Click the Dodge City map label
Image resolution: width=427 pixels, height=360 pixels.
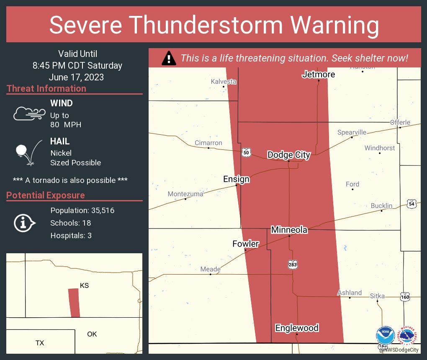pyautogui.click(x=289, y=155)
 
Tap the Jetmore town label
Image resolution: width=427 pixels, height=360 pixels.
pyautogui.click(x=319, y=75)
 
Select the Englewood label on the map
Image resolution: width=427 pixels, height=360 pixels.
pyautogui.click(x=297, y=328)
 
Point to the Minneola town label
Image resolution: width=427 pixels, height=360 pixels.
pyautogui.click(x=289, y=230)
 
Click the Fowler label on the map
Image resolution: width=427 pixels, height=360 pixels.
pyautogui.click(x=246, y=244)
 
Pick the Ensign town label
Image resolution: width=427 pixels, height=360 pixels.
pyautogui.click(x=236, y=179)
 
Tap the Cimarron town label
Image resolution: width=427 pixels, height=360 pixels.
pyautogui.click(x=208, y=143)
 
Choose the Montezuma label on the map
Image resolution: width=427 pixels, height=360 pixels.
pyautogui.click(x=185, y=194)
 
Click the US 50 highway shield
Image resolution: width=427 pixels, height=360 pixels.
pyautogui.click(x=246, y=153)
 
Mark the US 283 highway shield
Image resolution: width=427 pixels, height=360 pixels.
pyautogui.click(x=293, y=264)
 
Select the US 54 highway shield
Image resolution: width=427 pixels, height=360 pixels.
pyautogui.click(x=411, y=203)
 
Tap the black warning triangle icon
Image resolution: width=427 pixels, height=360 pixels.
pyautogui.click(x=169, y=58)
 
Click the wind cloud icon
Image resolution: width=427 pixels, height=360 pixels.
pyautogui.click(x=29, y=113)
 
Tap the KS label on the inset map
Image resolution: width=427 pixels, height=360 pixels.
pyautogui.click(x=84, y=285)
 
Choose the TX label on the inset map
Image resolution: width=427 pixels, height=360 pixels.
pyautogui.click(x=39, y=343)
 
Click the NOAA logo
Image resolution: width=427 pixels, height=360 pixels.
pyautogui.click(x=385, y=336)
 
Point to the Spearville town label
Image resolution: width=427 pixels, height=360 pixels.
pyautogui.click(x=352, y=132)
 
